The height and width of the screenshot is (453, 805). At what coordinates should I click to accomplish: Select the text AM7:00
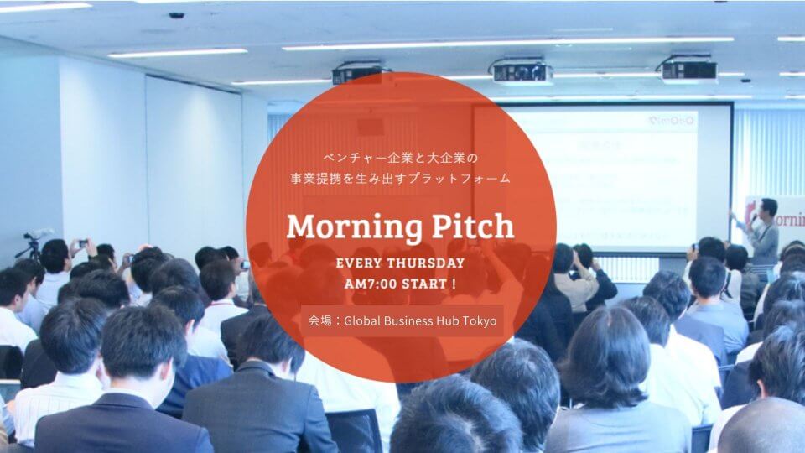[372, 284]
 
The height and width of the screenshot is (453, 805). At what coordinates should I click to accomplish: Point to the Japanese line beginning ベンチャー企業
[401, 158]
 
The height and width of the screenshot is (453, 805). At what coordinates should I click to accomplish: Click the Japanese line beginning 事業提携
[401, 178]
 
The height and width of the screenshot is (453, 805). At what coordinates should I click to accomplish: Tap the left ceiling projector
[356, 74]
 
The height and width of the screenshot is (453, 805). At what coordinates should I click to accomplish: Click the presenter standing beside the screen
[763, 231]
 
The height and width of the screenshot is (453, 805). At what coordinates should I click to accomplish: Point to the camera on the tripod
[36, 237]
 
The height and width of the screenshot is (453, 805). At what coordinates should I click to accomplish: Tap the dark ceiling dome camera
[176, 15]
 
